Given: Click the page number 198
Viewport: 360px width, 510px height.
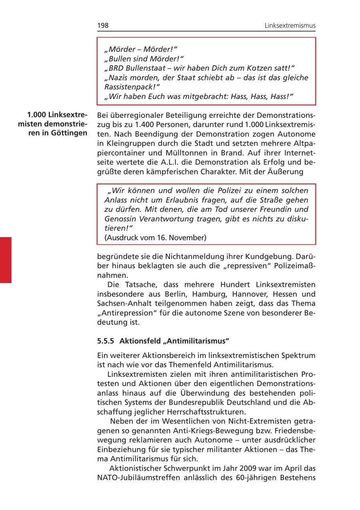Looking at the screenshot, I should click(103, 26).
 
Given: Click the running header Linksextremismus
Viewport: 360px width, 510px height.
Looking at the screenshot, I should click(290, 26).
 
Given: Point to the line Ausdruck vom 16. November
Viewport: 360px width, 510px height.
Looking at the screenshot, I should click(155, 238).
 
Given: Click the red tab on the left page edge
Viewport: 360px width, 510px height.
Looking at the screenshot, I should click(6, 260).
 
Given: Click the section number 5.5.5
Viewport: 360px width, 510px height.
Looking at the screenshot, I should click(106, 341).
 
